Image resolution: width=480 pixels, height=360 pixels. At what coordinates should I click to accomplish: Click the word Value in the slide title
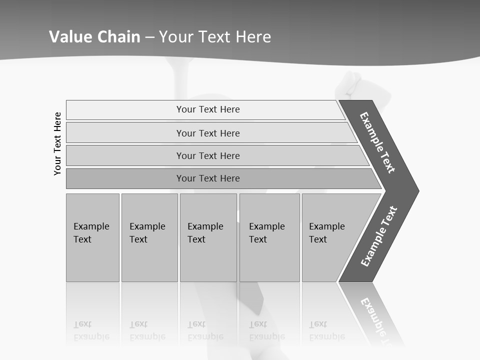click(x=69, y=37)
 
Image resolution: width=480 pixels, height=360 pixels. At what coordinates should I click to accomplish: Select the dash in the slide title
click(x=149, y=37)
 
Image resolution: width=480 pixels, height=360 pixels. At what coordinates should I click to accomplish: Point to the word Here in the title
click(x=253, y=37)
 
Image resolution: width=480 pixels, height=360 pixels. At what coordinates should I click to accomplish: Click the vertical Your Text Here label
click(x=57, y=143)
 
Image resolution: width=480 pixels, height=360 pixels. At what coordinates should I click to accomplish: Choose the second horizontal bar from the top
click(x=208, y=133)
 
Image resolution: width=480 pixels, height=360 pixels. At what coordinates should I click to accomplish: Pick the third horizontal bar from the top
click(x=208, y=155)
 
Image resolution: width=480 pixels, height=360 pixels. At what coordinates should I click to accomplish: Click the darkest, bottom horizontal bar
click(x=208, y=178)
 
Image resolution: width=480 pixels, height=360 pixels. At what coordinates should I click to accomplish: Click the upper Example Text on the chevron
click(x=377, y=142)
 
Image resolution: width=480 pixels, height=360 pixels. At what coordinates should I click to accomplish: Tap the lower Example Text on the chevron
click(x=378, y=236)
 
